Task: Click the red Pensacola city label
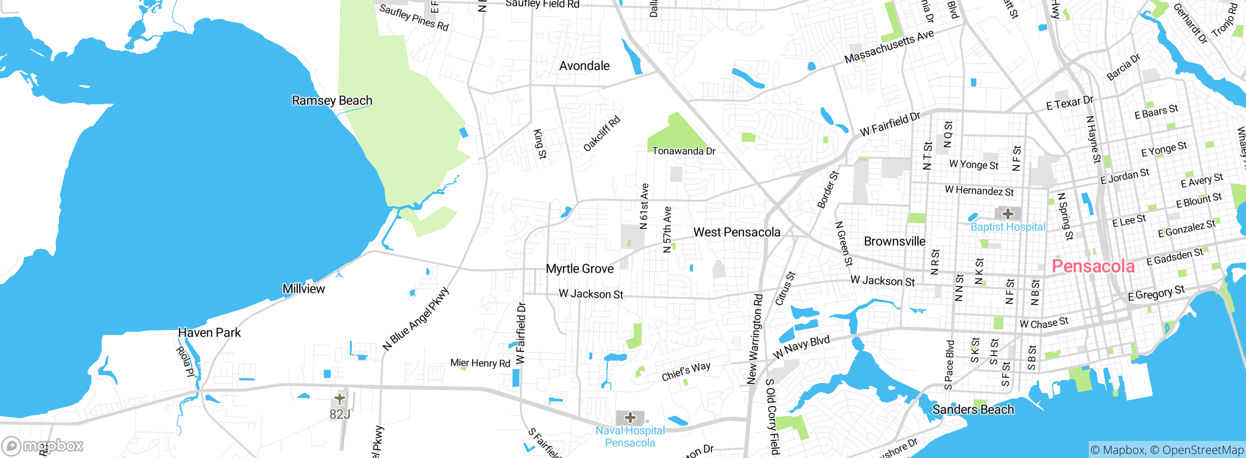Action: (1093, 267)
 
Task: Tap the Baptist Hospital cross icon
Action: (1008, 214)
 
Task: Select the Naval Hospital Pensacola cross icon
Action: (630, 418)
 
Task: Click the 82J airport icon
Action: (340, 399)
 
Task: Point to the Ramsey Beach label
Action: (332, 100)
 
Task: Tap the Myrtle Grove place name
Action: (580, 269)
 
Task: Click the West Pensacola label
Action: (736, 232)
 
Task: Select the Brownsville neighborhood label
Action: (895, 241)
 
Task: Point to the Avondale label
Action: (584, 66)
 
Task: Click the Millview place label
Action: (304, 289)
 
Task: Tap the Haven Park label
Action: (209, 333)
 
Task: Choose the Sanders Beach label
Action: (973, 410)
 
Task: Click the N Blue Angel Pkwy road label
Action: (416, 319)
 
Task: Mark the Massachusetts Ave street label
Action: (889, 46)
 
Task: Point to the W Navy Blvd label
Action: (801, 347)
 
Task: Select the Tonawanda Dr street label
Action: (683, 151)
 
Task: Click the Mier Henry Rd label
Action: (480, 363)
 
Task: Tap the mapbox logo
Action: (43, 445)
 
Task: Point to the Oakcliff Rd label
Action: (602, 134)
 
